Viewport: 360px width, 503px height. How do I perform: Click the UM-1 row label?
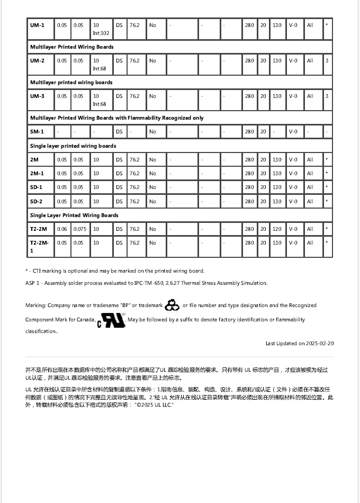click(x=37, y=25)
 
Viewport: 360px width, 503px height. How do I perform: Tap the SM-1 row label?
click(x=37, y=132)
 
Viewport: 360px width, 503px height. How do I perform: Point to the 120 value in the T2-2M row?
click(x=277, y=229)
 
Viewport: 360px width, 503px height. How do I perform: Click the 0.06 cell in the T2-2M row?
click(x=62, y=229)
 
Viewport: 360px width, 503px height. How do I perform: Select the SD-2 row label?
click(x=36, y=201)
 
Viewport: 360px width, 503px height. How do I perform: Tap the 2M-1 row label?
click(x=37, y=174)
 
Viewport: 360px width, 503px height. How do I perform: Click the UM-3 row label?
click(x=37, y=96)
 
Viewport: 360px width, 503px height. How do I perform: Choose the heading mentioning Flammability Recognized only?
click(x=116, y=118)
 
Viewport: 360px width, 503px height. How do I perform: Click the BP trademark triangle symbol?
click(x=172, y=305)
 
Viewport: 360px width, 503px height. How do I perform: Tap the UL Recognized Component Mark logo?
click(x=111, y=320)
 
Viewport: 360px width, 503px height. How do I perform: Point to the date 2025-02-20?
click(x=317, y=344)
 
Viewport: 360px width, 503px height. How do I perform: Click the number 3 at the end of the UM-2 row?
click(x=327, y=61)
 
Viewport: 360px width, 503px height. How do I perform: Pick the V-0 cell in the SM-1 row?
click(x=293, y=132)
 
